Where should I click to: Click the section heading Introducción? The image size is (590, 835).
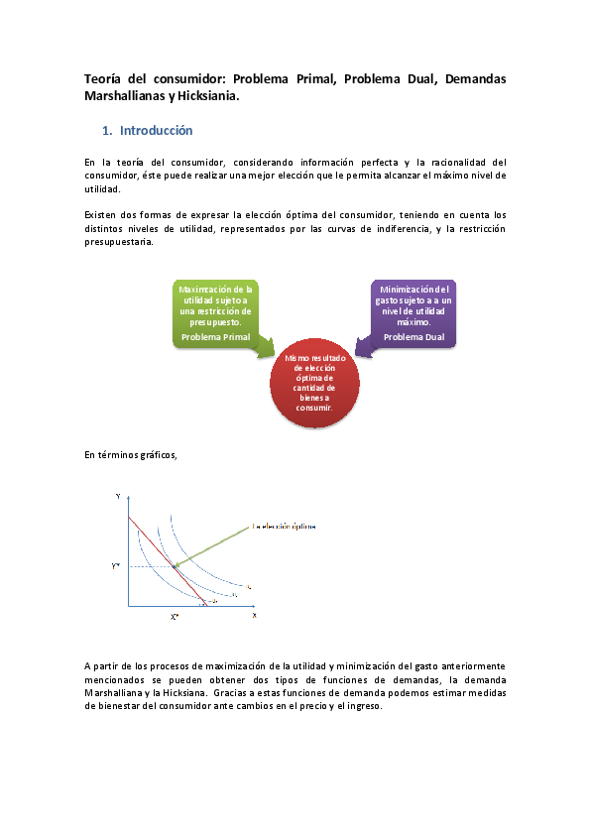(156, 131)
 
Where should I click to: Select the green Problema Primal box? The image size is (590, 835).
(216, 313)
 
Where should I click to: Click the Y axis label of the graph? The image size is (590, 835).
(118, 494)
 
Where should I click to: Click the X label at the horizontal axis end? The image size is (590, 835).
(254, 615)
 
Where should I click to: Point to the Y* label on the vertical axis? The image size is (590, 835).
(116, 566)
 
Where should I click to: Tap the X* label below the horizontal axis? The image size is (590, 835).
(174, 617)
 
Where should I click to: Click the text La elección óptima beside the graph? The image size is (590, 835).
(285, 527)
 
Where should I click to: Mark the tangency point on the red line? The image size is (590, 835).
(175, 566)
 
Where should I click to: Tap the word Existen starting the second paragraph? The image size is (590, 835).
(101, 214)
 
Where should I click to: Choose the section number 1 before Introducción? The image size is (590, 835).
(106, 131)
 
